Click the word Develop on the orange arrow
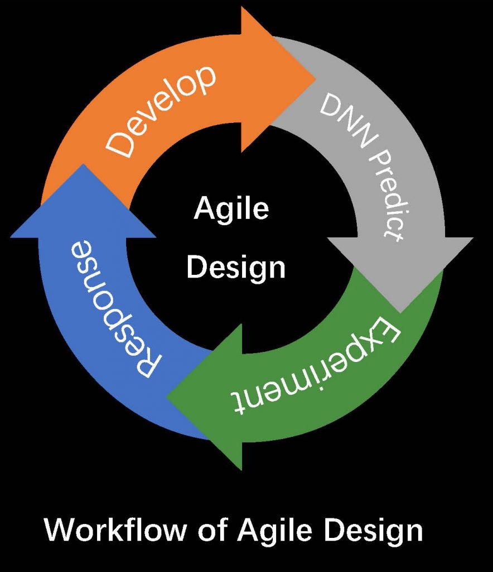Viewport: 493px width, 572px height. click(160, 111)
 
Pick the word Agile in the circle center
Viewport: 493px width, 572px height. click(231, 209)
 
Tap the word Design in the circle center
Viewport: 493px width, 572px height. click(236, 269)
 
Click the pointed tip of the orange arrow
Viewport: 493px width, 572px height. click(315, 78)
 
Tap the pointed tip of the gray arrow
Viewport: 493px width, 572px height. click(400, 313)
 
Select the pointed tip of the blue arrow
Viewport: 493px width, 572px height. click(84, 164)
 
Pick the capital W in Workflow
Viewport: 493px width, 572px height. click(60, 530)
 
